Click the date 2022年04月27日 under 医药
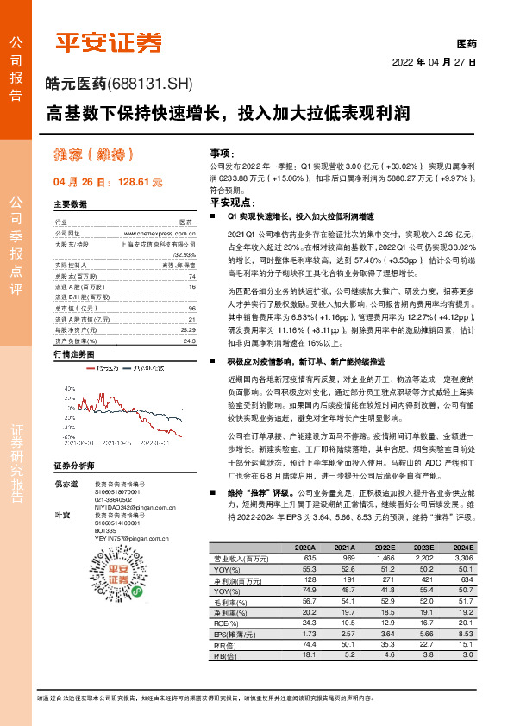tap(435, 62)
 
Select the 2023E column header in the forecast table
tap(423, 547)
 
